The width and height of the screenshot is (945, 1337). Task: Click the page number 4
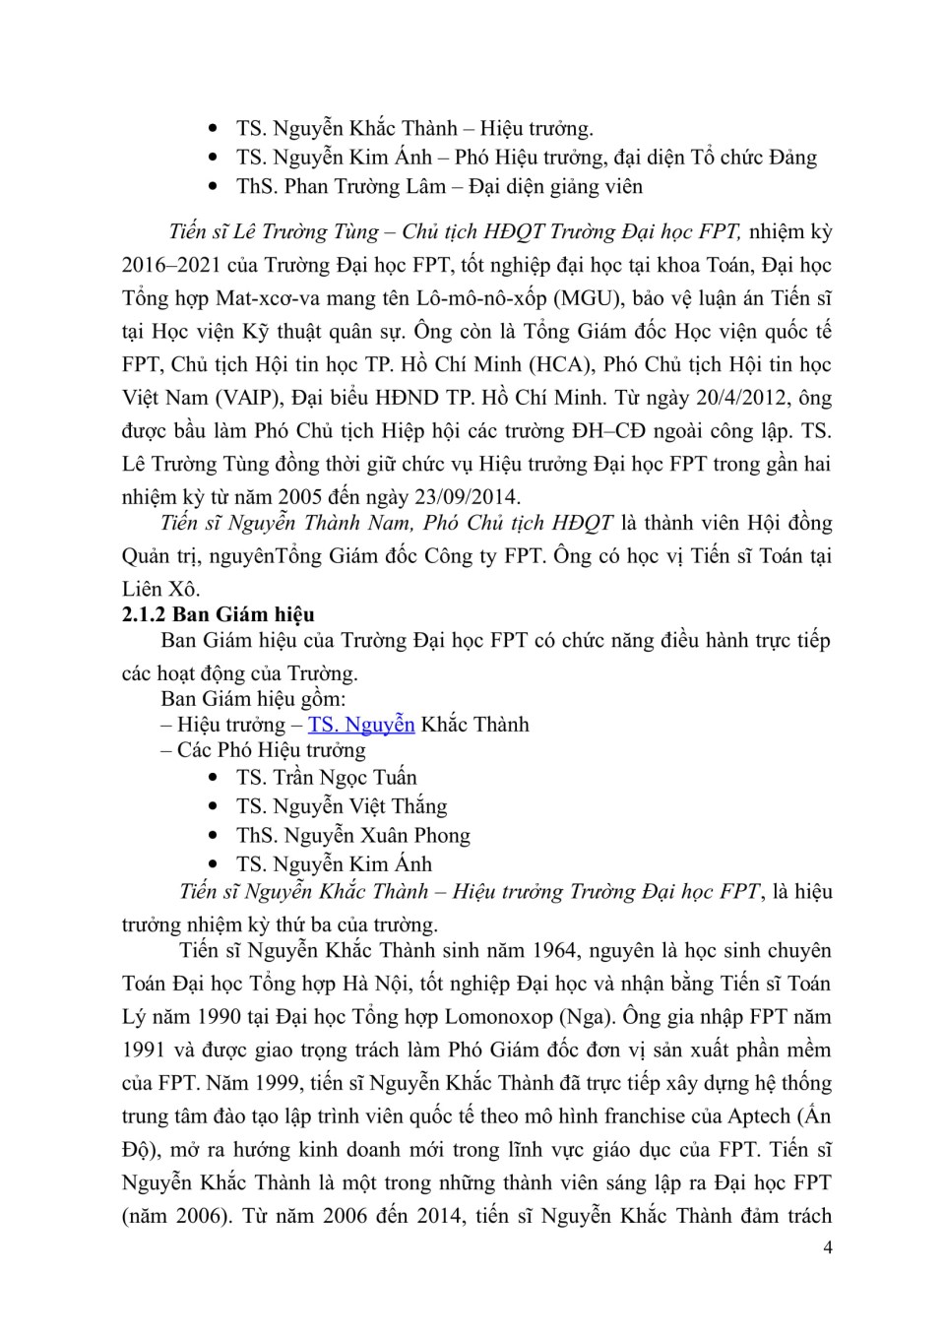(x=827, y=1248)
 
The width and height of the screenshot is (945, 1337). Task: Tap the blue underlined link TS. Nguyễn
(x=361, y=725)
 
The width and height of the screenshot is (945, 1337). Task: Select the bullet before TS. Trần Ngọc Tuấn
(x=215, y=778)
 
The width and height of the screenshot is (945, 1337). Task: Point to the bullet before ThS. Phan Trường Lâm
(x=215, y=186)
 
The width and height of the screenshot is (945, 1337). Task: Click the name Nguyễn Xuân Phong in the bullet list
(x=377, y=836)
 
